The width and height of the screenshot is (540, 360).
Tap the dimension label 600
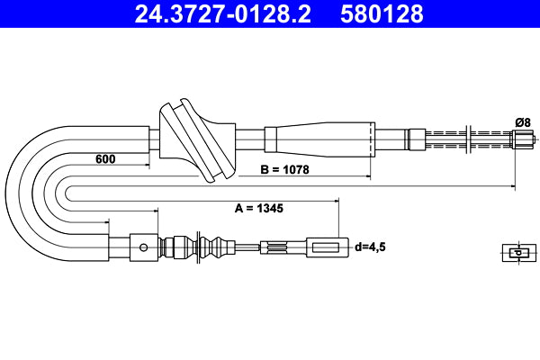(x=106, y=159)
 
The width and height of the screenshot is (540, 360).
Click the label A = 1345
(x=258, y=208)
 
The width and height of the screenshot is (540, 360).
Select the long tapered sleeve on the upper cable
(x=324, y=139)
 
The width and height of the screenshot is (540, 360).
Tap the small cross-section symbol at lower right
(x=513, y=253)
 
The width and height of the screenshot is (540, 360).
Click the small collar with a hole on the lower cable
(x=141, y=246)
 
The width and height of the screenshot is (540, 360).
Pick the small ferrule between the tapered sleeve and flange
(x=416, y=139)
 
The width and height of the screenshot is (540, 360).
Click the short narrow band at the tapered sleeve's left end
(x=270, y=139)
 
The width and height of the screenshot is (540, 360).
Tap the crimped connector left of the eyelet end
(x=274, y=246)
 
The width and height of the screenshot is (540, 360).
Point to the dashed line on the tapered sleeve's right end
(x=370, y=139)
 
